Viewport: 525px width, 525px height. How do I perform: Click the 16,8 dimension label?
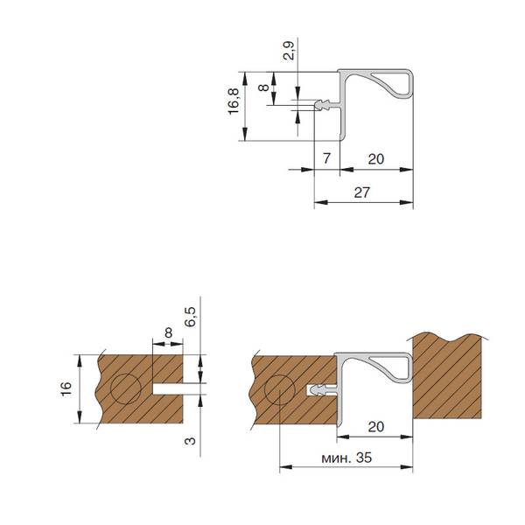click(234, 101)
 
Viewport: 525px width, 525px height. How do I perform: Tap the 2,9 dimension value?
click(289, 50)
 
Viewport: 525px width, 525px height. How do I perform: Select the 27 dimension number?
click(362, 192)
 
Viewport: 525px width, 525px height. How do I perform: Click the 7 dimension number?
click(327, 158)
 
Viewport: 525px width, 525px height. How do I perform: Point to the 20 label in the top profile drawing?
click(376, 159)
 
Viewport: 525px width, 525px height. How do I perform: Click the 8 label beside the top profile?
click(264, 87)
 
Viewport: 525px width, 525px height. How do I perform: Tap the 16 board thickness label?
click(66, 388)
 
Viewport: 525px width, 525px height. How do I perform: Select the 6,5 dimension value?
click(190, 317)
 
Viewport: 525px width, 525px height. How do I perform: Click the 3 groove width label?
click(190, 441)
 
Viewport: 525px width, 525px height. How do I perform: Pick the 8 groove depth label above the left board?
click(168, 332)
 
